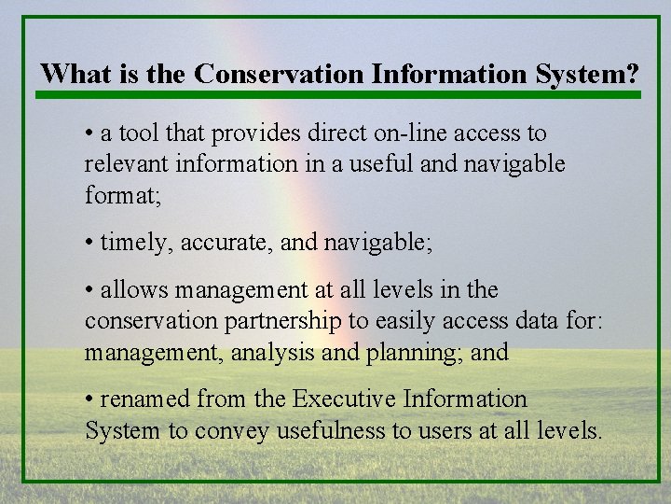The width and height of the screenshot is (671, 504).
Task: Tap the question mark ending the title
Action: point(633,73)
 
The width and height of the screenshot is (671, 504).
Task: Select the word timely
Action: point(136,243)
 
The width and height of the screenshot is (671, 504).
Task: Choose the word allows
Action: point(130,290)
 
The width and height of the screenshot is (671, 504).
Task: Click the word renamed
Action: point(141,399)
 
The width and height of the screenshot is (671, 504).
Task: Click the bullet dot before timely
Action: point(89,243)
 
